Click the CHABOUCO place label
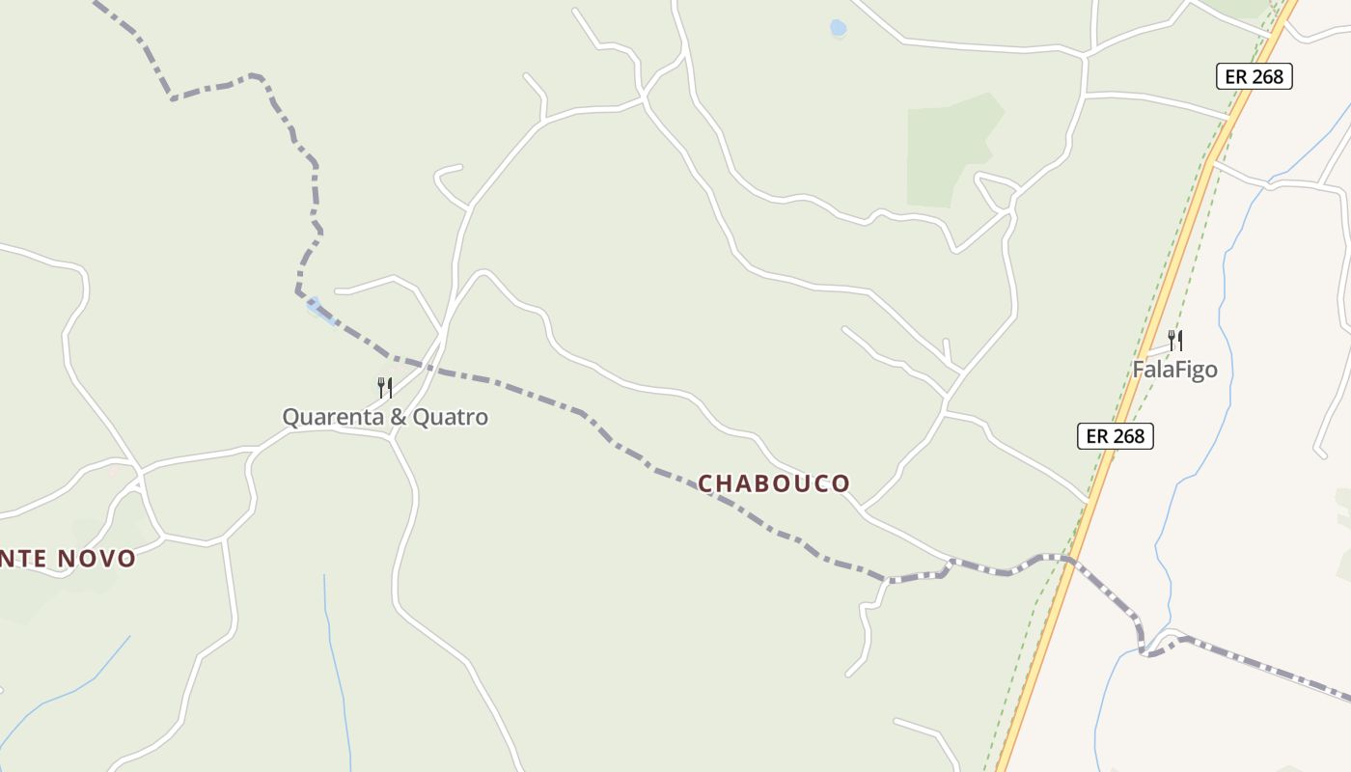[x=774, y=483]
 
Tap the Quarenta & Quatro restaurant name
[x=385, y=417]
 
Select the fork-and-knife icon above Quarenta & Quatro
[x=385, y=388]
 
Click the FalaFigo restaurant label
[x=1174, y=370]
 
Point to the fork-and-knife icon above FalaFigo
[x=1175, y=340]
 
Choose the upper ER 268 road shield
[x=1254, y=76]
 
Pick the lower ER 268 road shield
[x=1115, y=436]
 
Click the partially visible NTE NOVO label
[x=68, y=558]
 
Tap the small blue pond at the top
[x=838, y=29]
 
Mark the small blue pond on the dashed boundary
[x=316, y=308]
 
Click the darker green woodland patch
[x=951, y=150]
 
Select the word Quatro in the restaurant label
[x=451, y=417]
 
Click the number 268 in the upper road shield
[x=1267, y=76]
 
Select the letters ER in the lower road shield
[x=1097, y=436]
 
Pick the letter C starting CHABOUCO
[x=705, y=483]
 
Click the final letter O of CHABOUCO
[x=841, y=483]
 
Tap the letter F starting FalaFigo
[x=1139, y=370]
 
